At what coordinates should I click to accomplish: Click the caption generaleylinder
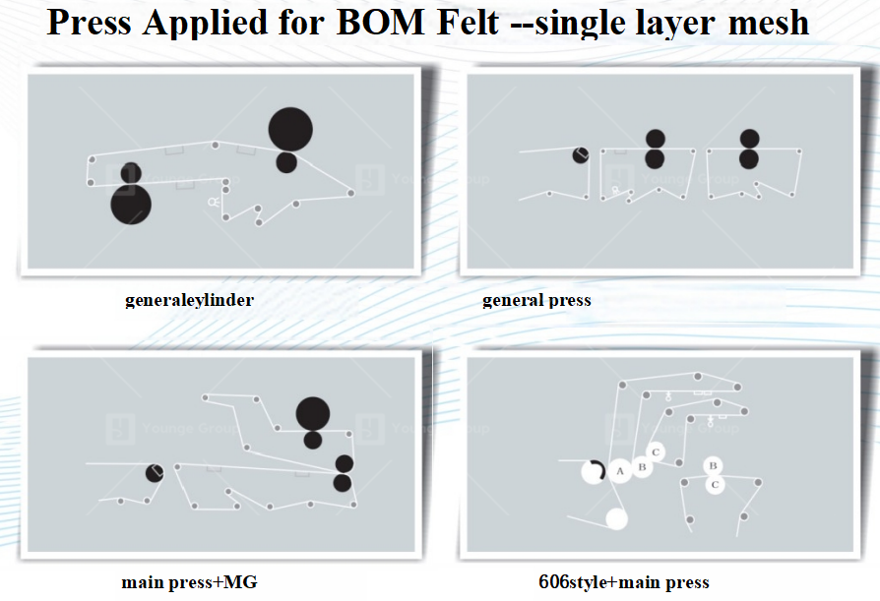189,300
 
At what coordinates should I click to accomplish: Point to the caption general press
536,300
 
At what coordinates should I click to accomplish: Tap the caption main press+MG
189,582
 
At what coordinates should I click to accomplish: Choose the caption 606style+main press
623,582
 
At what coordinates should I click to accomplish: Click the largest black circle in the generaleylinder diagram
290,129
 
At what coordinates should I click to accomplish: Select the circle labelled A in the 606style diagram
620,471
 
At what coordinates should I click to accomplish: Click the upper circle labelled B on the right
713,465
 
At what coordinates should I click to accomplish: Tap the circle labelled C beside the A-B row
658,452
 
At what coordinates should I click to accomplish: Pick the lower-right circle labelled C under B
716,483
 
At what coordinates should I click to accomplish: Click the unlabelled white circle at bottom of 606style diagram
616,518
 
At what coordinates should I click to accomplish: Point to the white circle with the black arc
593,471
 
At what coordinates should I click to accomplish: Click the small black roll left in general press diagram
581,154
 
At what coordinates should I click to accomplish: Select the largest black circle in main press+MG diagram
312,413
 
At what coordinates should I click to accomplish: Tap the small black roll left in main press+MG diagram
155,473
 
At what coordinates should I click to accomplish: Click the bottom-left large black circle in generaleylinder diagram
130,205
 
